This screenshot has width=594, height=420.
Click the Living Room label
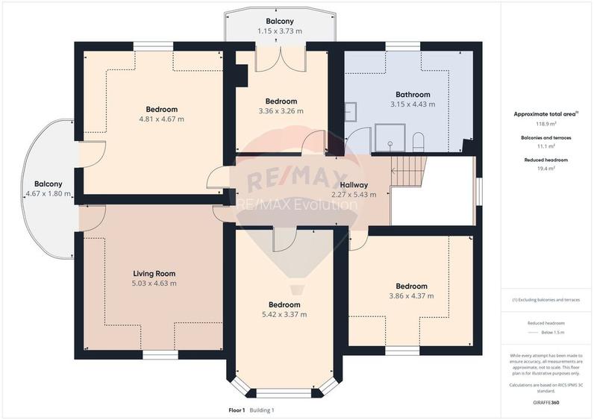point(154,274)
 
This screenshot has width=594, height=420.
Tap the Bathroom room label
point(413,95)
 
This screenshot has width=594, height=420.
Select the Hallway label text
point(354,185)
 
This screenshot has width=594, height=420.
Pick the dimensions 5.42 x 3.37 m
point(284,315)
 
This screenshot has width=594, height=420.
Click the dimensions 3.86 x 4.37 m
point(411,296)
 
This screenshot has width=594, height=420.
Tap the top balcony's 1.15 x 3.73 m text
point(280,31)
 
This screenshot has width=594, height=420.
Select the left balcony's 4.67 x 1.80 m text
point(48,194)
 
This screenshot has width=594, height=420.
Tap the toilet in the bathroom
point(418,142)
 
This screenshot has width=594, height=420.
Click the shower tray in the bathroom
point(389,138)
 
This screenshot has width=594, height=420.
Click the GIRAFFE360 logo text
point(545,403)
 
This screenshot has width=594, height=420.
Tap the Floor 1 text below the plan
point(238,410)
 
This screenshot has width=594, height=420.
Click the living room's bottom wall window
point(155,355)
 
